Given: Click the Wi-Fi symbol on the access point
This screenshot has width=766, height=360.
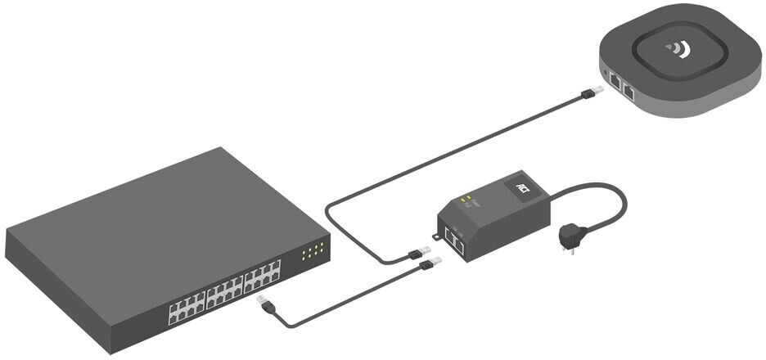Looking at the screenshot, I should click(677, 50).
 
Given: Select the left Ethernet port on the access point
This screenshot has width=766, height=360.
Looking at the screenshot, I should click(615, 80).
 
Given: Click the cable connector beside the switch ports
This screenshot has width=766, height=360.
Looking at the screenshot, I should click(265, 305).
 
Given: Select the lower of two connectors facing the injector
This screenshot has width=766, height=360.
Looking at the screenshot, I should click(430, 263).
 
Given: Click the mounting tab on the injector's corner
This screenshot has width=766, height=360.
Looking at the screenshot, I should click(437, 238).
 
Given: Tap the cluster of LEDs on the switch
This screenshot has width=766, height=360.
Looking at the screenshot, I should click(313, 251).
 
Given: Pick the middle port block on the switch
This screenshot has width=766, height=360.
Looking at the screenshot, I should click(226, 290).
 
